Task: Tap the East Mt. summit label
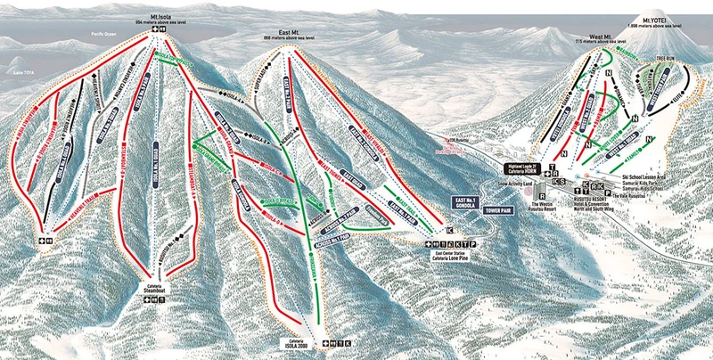tap(283, 36)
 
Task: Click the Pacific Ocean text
tap(103, 34)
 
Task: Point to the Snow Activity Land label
tap(514, 184)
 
